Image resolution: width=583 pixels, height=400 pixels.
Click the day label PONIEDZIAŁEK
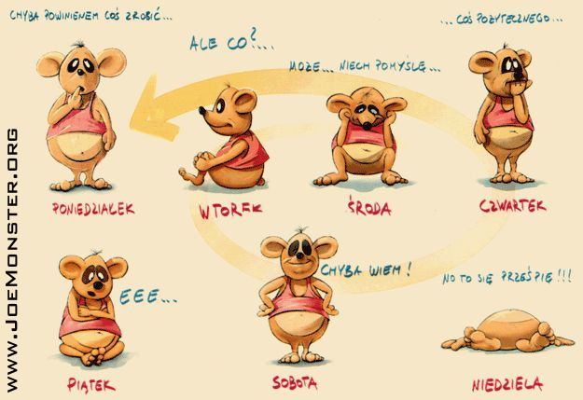[x=93, y=209]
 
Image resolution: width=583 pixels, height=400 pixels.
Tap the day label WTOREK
[x=230, y=211]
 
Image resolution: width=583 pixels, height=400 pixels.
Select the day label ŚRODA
[x=369, y=207]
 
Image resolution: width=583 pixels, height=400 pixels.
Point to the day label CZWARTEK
[x=513, y=205]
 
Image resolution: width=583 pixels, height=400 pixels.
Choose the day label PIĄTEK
[x=91, y=385]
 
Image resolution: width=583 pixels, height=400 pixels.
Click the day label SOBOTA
[x=295, y=382]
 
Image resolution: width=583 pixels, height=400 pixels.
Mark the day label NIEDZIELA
[x=507, y=384]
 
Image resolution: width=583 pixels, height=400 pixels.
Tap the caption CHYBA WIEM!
[x=367, y=269]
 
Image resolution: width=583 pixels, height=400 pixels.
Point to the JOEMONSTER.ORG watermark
[x=12, y=260]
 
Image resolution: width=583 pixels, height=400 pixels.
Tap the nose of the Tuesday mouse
[x=202, y=110]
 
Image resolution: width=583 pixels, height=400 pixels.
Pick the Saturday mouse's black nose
[x=299, y=255]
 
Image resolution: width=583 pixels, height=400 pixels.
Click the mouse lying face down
[x=507, y=332]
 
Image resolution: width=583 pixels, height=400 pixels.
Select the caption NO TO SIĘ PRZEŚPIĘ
[x=507, y=277]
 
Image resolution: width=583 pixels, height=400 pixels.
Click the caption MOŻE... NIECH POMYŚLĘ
[x=365, y=66]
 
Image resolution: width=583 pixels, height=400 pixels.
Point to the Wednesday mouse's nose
[x=368, y=125]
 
